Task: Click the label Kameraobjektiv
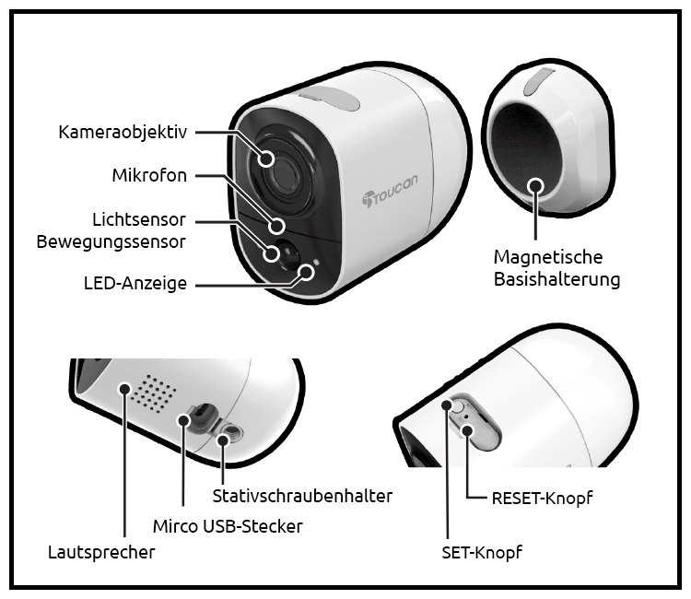coord(123,132)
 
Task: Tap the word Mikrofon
coord(149,175)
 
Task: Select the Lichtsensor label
coord(139,219)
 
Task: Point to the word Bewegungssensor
coord(111,242)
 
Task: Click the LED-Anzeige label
coord(135,283)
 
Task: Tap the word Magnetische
coord(548,257)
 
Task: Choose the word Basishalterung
coord(556,279)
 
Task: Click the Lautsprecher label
coord(101,552)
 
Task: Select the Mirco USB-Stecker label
coord(228,526)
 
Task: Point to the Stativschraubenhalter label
coord(302,496)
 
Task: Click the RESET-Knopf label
coord(542,499)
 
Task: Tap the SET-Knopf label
coord(482,552)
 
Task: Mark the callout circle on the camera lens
coord(265,159)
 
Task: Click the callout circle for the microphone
coord(277,226)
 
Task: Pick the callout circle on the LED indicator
coord(306,272)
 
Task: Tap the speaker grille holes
coord(154,393)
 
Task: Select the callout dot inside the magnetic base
coord(536,185)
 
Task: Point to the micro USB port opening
coord(202,415)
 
